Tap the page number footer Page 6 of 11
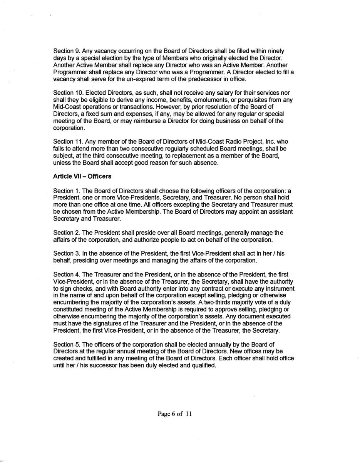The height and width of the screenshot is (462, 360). pos(174,414)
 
